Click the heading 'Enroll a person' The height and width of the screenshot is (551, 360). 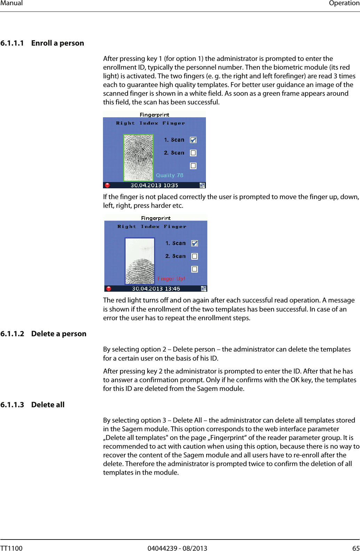pos(57,43)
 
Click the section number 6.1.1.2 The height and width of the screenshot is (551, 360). pos(12,334)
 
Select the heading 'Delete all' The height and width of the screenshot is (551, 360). pos(48,405)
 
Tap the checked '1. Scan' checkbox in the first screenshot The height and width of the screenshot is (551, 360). pos(193,140)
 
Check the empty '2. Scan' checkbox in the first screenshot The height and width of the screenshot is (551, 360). pos(193,153)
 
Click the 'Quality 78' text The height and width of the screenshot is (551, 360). pos(169,175)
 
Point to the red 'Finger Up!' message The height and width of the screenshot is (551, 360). pos(171,279)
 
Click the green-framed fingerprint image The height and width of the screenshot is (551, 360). pos(138,158)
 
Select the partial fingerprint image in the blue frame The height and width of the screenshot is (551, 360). pos(140,261)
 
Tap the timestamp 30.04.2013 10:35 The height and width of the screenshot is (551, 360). pos(154,185)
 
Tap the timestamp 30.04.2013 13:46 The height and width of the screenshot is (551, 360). pos(156,289)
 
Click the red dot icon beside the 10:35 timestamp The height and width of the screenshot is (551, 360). pos(107,185)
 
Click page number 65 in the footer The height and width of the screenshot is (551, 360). pos(356,548)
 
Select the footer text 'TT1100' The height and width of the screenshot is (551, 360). pos(11,548)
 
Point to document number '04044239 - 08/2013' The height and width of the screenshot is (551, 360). pos(177,548)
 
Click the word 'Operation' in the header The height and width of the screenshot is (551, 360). pos(344,3)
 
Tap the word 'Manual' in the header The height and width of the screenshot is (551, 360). pos(11,3)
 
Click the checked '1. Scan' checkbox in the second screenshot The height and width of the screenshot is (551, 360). pos(195,243)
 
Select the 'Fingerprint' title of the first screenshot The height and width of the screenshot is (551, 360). pos(154,115)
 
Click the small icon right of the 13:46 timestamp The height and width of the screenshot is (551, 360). pos(203,289)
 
